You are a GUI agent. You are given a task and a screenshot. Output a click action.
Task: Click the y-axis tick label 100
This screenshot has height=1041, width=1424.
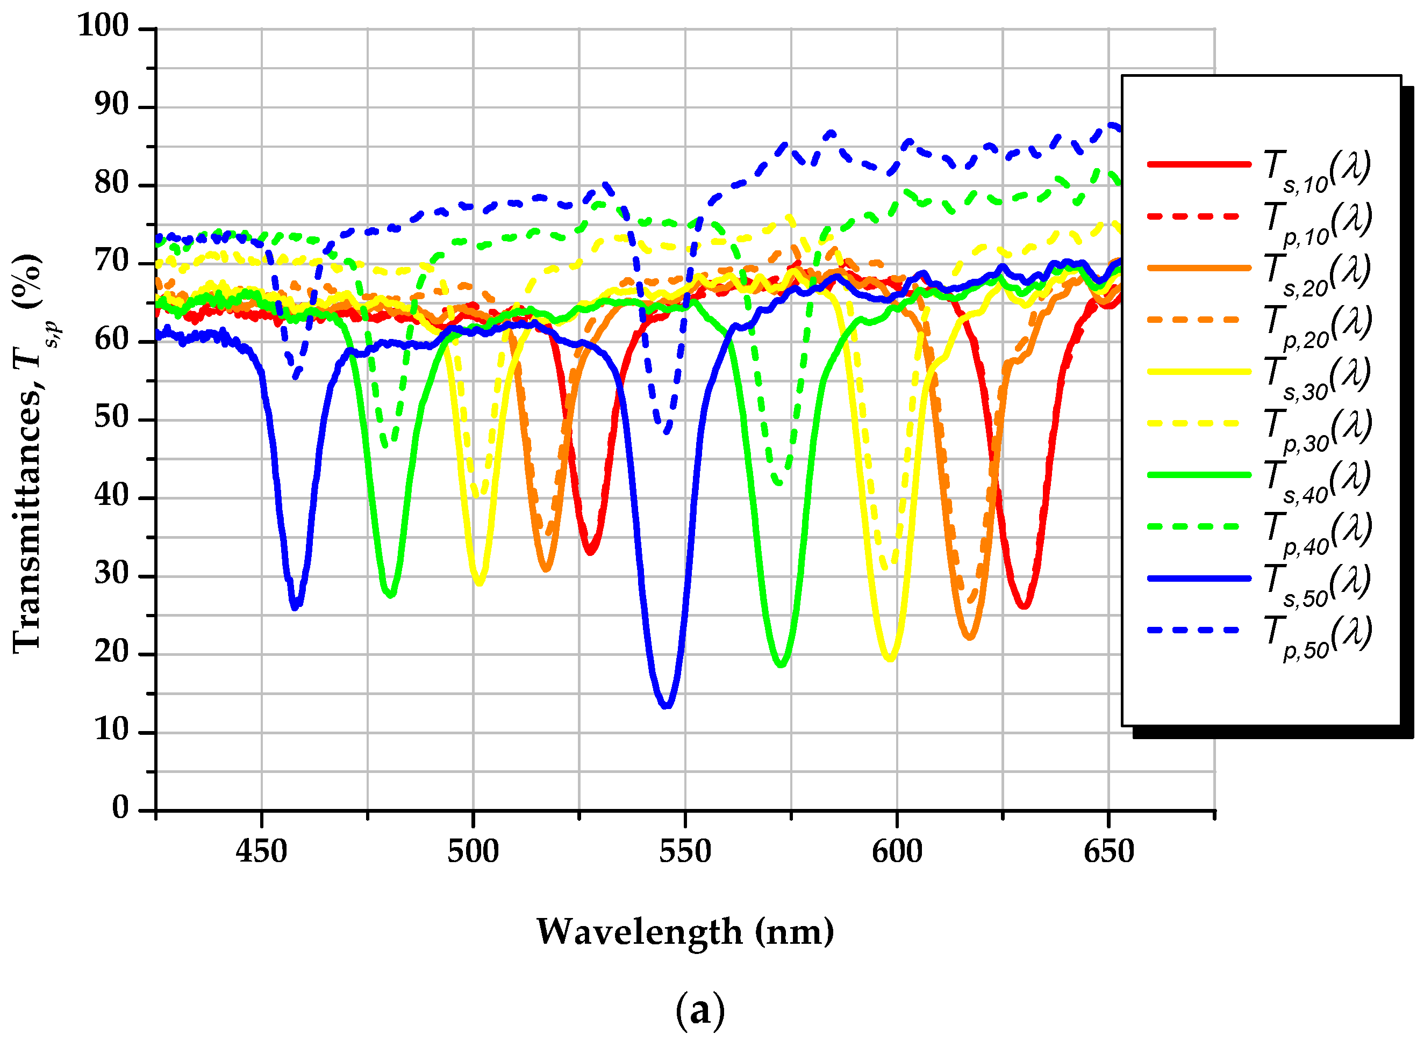point(103,26)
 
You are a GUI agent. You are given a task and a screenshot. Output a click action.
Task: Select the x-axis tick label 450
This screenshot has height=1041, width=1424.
point(262,852)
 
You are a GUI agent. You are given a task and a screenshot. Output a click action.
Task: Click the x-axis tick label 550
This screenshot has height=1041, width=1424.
point(685,852)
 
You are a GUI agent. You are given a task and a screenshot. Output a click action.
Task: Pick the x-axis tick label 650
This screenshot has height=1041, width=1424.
point(1108,852)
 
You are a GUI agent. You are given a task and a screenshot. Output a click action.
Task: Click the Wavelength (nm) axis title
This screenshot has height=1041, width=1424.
point(685,932)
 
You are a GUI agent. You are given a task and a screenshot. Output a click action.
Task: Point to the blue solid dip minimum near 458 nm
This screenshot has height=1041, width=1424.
point(295,607)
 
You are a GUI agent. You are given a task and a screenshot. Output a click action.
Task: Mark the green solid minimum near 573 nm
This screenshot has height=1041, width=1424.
point(782,663)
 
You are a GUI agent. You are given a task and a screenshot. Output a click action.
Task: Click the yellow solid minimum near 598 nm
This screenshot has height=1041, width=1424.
point(890,659)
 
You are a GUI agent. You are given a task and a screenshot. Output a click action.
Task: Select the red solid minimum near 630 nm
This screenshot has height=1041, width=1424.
point(1024,605)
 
